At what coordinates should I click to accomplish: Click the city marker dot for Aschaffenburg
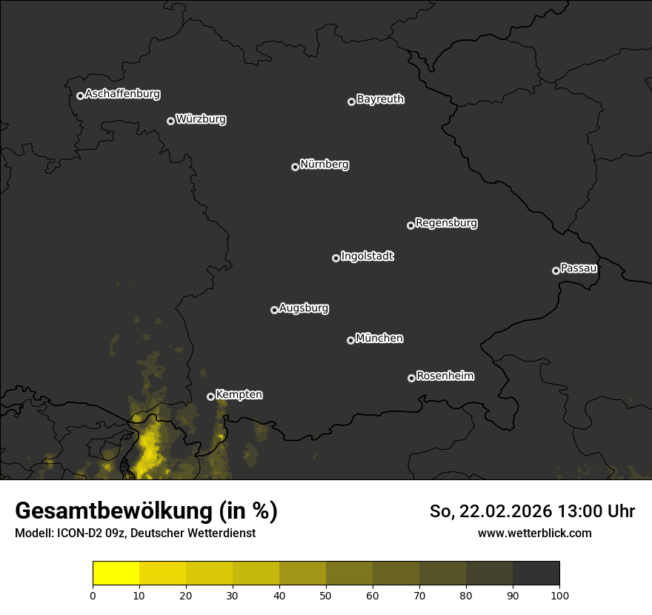pos(80,96)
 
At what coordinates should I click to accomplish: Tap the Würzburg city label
pos(201,119)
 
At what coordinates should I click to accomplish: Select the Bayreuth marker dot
pos(352,102)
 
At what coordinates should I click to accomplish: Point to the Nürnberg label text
pos(325,164)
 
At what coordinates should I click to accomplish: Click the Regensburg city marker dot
pos(410,225)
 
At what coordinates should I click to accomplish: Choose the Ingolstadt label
pos(367,256)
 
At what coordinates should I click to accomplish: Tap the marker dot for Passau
pos(556,270)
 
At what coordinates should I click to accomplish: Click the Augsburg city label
pos(304,308)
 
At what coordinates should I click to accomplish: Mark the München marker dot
pos(350,340)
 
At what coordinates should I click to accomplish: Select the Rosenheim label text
pos(445,376)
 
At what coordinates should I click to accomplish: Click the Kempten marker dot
pos(210,396)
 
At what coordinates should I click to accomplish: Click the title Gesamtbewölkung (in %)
pos(146,511)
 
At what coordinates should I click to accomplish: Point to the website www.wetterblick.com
pos(534,533)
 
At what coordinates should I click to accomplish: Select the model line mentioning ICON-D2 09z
pos(135,533)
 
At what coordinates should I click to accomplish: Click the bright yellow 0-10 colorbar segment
pos(116,574)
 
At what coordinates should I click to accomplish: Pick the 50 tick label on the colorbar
pos(326,595)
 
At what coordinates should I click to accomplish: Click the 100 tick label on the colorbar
pos(559,595)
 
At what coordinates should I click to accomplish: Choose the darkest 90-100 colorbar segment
pos(536,574)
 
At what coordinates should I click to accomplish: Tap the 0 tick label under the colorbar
pos(93,595)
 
